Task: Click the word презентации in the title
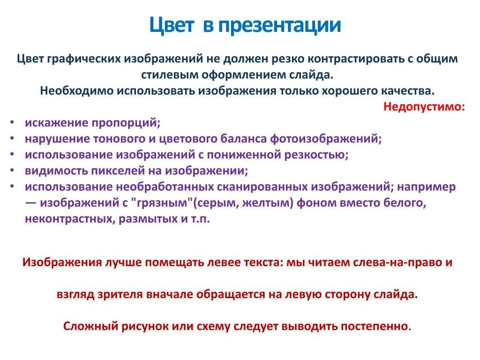click(278, 25)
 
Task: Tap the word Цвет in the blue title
click(172, 25)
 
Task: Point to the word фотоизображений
click(326, 139)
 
